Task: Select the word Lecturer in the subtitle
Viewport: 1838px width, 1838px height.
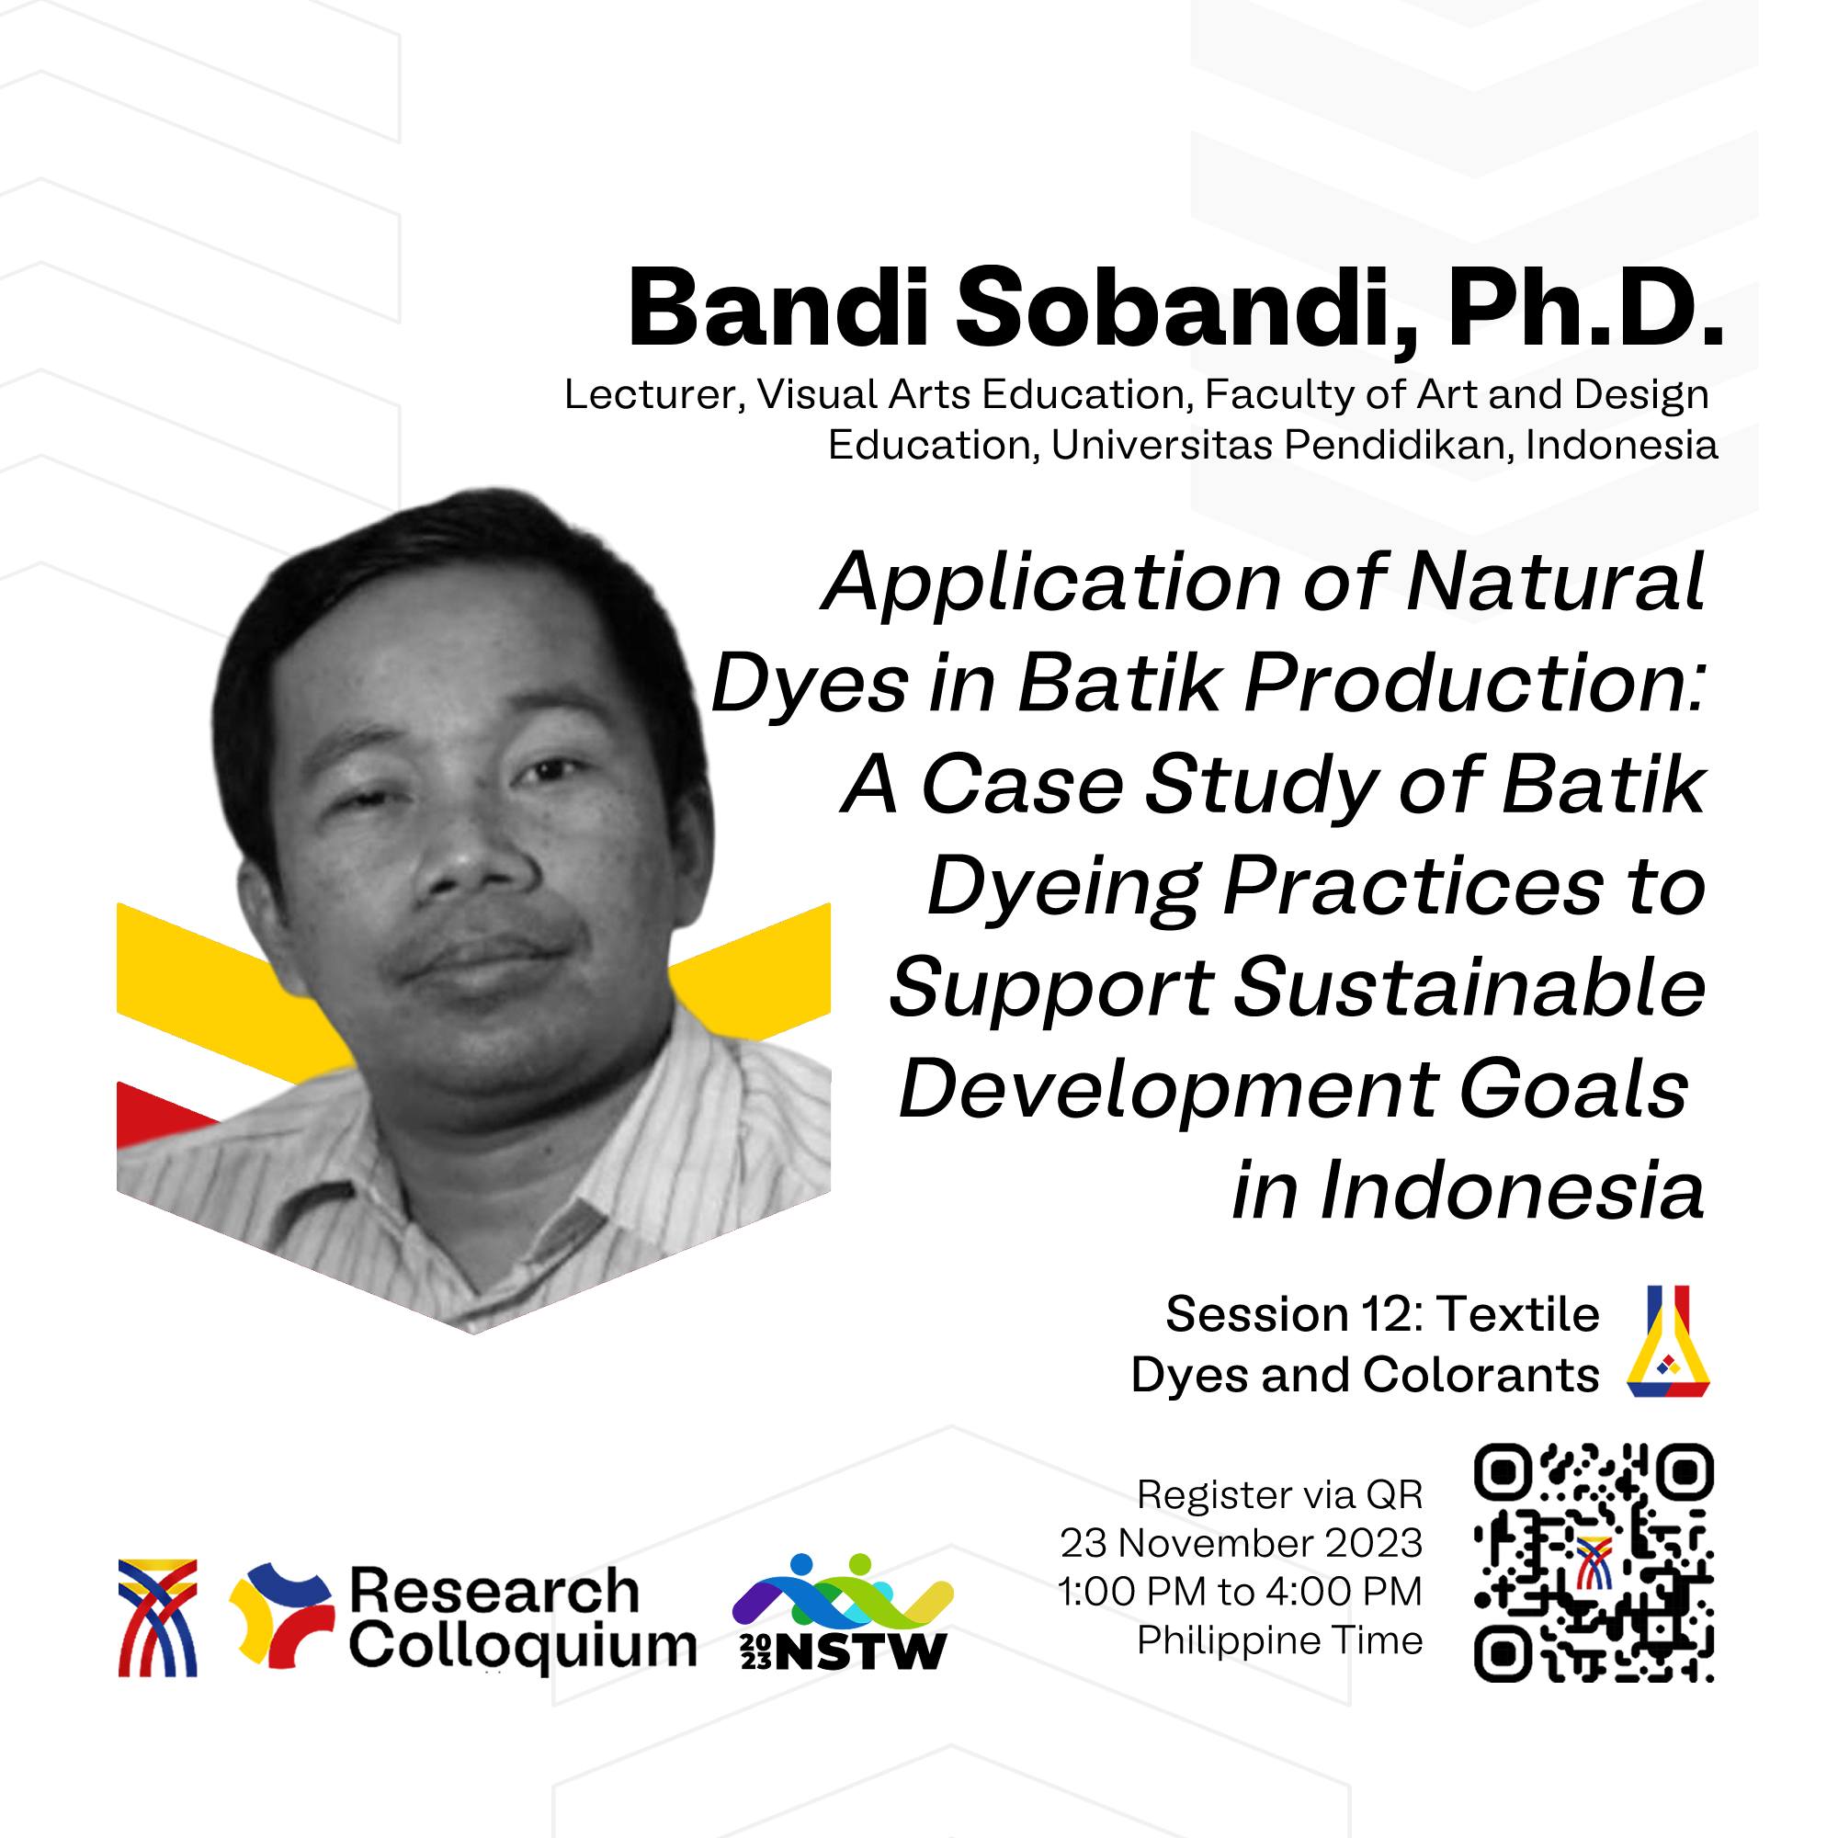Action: click(653, 395)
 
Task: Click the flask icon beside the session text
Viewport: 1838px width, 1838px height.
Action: click(1669, 1342)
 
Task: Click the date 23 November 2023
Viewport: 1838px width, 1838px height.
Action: click(1242, 1544)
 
